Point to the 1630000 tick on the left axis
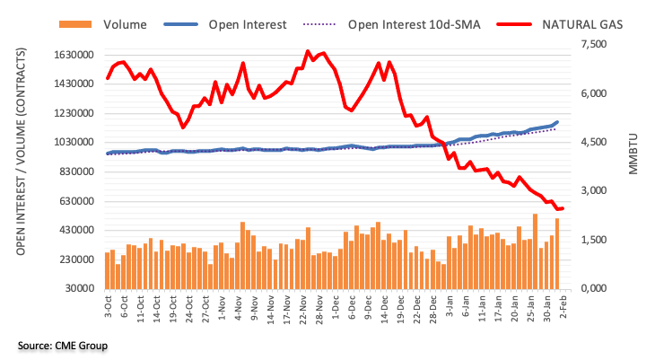73,55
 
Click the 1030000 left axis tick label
73,143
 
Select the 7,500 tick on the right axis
596,45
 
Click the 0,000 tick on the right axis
596,289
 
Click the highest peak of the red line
309,52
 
